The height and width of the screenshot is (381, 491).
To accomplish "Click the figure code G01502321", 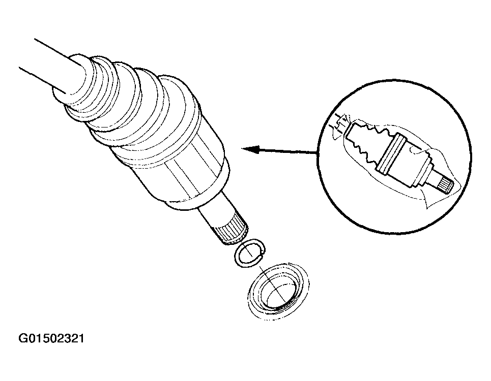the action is click(51, 338).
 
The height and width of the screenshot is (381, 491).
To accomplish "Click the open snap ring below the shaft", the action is click(250, 253).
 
